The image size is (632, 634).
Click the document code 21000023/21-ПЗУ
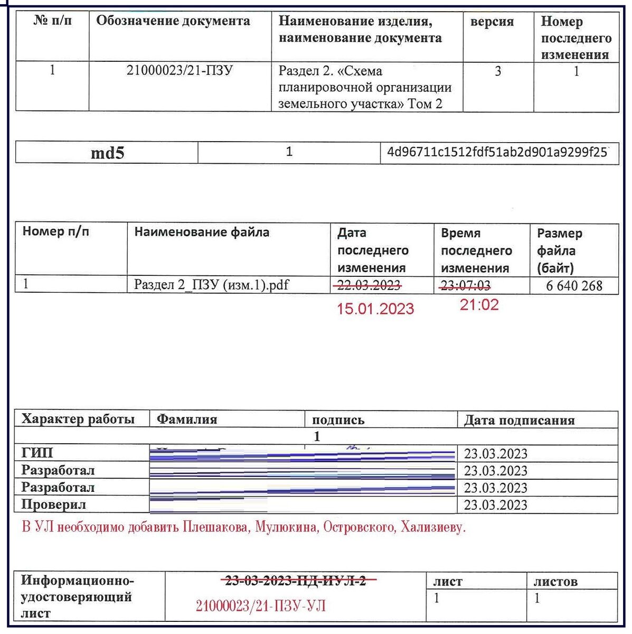pos(179,71)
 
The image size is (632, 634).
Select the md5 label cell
pos(107,153)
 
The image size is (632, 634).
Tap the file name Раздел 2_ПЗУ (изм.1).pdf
pos(211,285)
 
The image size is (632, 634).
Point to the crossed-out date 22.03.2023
pos(369,285)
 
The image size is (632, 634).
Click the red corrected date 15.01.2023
pos(375,309)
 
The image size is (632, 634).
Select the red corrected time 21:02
pos(479,305)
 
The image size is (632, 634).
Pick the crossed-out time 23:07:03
pos(465,286)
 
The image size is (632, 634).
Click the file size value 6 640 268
pos(574,286)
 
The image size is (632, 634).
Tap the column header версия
pos(492,22)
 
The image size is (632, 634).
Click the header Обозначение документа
pos(173,21)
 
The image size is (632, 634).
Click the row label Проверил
pos(53,505)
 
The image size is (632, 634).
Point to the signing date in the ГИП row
pos(495,454)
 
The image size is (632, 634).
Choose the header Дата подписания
pos(518,421)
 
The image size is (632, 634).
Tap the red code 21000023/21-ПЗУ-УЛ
pos(260,606)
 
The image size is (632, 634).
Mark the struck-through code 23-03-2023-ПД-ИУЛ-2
pos(296,581)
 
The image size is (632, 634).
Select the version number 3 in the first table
pos(497,71)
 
